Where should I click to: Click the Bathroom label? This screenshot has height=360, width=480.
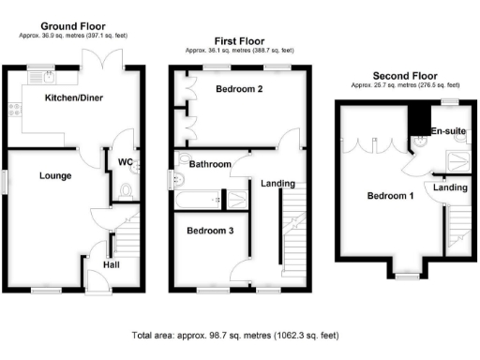(x=210, y=164)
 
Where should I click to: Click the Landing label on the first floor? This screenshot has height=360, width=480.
(x=277, y=184)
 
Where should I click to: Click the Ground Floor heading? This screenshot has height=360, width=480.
(x=73, y=26)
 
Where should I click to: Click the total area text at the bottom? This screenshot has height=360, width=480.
(x=234, y=335)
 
